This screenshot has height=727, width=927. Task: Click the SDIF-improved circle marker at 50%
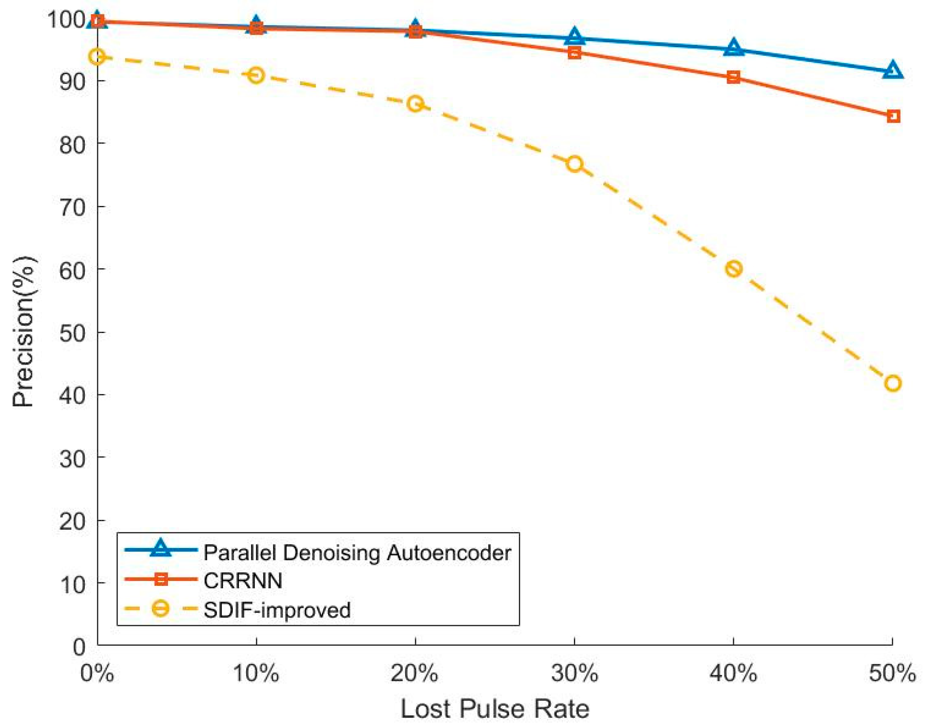point(892,383)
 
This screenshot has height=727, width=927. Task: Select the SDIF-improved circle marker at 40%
point(733,269)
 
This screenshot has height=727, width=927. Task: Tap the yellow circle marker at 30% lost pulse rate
point(574,164)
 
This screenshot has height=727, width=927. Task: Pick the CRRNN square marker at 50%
point(893,116)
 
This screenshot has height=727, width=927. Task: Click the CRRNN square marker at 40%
point(733,77)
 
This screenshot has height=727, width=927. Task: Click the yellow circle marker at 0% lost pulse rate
point(98,56)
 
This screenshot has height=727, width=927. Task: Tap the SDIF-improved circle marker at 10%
point(256,76)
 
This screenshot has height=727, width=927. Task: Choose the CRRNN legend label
point(243,581)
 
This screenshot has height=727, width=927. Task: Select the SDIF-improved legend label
point(277,610)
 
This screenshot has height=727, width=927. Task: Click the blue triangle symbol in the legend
point(161,548)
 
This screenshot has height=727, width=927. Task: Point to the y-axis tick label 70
point(73,208)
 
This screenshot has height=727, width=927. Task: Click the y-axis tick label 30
point(73,458)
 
